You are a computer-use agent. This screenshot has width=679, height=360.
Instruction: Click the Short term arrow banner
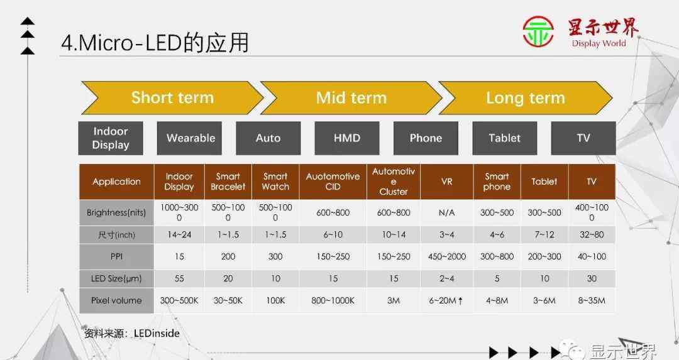point(172,98)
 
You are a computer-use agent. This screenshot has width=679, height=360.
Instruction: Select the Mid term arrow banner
point(351,98)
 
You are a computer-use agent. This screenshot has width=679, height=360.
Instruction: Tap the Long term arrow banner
point(526,98)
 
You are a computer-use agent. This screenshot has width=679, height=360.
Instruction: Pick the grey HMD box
point(347,138)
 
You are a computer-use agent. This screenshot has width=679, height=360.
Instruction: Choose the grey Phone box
point(426,138)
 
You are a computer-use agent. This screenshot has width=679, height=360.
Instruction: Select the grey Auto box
point(268,138)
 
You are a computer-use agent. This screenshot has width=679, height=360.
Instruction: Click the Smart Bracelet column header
point(228,182)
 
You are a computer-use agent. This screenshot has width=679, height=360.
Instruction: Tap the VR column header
point(446,182)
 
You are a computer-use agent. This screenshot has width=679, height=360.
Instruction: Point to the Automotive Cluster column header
point(393,182)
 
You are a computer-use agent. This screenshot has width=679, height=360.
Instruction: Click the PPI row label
point(116,256)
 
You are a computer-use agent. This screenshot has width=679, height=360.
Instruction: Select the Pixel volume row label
point(116,300)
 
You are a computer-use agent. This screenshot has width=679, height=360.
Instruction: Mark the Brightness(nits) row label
point(116,212)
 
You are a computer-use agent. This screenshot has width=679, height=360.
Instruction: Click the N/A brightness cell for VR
point(446,212)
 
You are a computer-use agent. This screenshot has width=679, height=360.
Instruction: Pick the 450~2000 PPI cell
point(446,256)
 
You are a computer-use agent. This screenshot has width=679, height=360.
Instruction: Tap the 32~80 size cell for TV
point(592,234)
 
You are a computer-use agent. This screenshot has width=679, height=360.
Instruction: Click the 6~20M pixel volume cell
point(446,300)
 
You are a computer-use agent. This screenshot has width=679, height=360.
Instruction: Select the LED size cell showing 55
point(179,279)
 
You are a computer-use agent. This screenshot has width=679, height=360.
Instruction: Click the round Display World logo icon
point(538,31)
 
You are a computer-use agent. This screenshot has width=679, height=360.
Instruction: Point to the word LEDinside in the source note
point(157,333)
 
